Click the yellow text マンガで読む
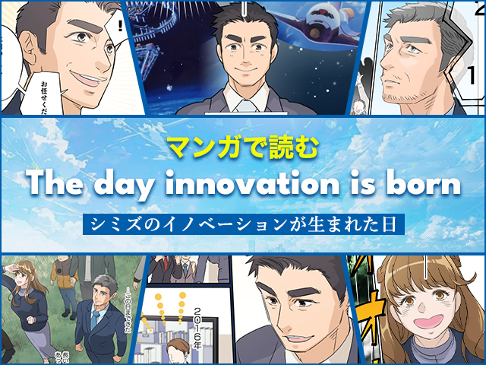tap(242, 145)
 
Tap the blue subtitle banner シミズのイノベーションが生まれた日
tap(242, 224)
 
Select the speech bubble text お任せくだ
tap(43, 91)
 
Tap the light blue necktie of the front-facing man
tap(245, 105)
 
